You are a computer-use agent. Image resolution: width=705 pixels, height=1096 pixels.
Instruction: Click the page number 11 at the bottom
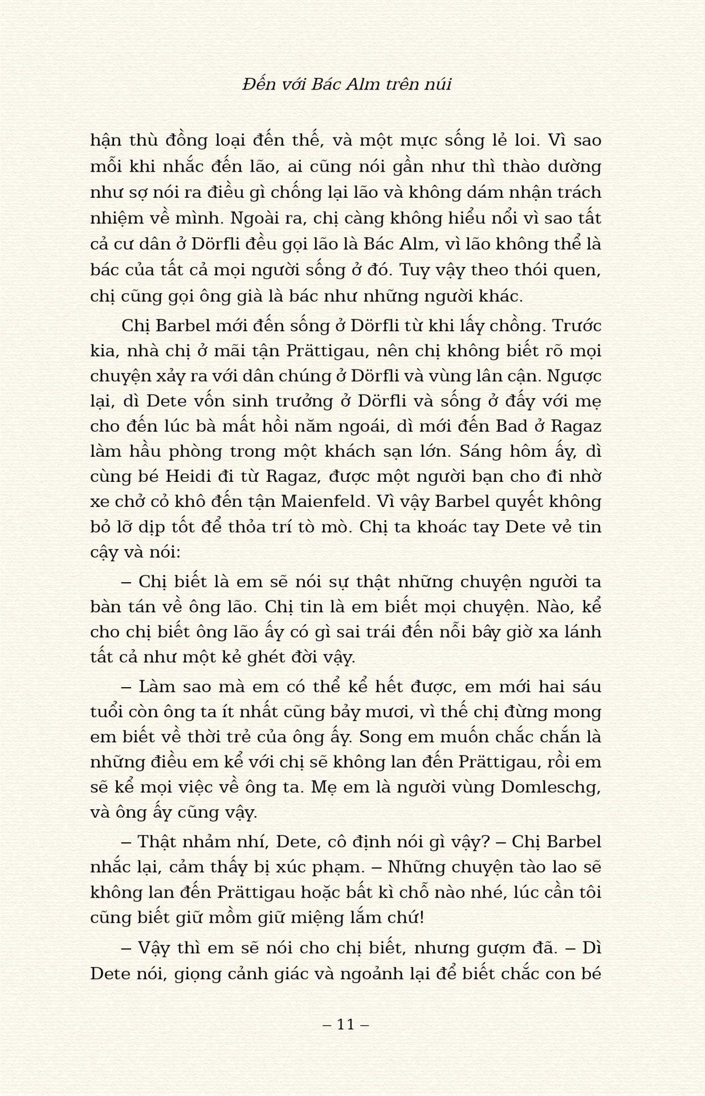pyautogui.click(x=346, y=1025)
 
